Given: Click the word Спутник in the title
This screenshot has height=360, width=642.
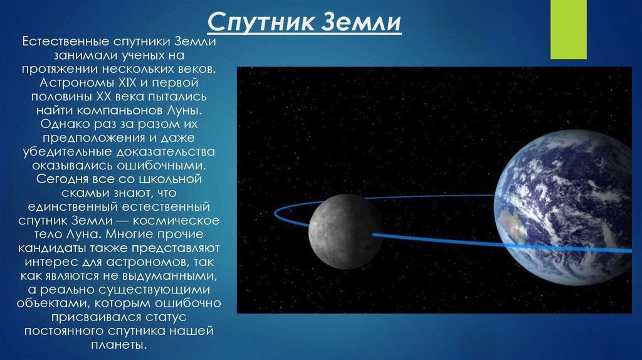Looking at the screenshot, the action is click(x=261, y=22).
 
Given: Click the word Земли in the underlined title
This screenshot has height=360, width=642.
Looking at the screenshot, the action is click(x=360, y=22).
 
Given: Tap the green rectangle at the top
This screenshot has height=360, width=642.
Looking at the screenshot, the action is click(x=568, y=29).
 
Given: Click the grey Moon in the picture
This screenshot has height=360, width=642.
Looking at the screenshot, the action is click(x=346, y=231).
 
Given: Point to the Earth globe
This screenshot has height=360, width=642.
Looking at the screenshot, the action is click(x=567, y=208).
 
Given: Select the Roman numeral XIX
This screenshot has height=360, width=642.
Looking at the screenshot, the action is click(x=127, y=83).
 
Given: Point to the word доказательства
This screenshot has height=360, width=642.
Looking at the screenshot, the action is click(x=166, y=152).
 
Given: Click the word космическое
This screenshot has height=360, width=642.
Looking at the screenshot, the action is click(x=176, y=221).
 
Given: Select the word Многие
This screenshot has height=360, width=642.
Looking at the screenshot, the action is click(x=132, y=235).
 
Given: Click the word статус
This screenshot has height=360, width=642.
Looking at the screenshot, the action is click(x=166, y=317).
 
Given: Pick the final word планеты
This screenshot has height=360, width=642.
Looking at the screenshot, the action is click(x=118, y=345).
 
